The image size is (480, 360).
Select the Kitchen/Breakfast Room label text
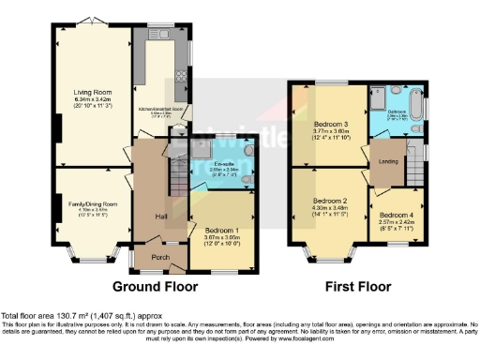(155, 110)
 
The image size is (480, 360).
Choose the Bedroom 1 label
(221, 230)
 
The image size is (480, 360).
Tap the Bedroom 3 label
(330, 125)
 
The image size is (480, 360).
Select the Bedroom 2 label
(330, 202)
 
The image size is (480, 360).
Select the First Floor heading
(357, 286)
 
